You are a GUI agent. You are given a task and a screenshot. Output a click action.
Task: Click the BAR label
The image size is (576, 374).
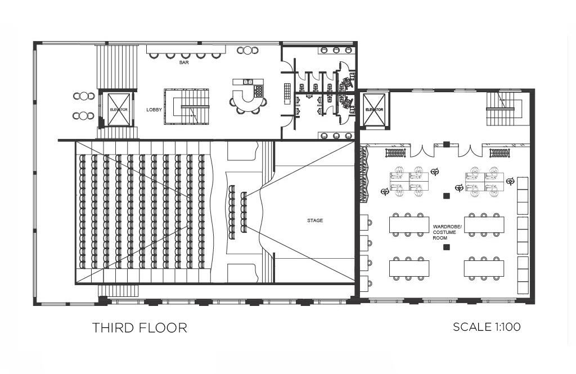click(184, 63)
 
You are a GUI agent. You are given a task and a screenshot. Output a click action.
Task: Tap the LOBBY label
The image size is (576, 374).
click(154, 110)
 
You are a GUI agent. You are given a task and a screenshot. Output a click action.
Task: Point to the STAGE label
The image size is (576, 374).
click(315, 220)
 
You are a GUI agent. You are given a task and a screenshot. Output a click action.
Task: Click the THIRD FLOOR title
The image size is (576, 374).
click(139, 328)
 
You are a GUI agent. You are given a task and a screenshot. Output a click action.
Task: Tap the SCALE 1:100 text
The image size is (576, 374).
click(487, 327)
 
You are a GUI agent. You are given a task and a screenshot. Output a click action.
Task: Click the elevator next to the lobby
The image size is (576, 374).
click(119, 110)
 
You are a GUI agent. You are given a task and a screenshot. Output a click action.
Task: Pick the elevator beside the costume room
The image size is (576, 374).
click(374, 110)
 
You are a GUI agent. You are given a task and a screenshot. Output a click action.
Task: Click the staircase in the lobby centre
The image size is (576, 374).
click(187, 106)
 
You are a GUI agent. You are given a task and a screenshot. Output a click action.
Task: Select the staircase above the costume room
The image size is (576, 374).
click(505, 109)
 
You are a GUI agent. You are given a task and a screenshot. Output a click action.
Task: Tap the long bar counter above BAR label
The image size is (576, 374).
click(186, 49)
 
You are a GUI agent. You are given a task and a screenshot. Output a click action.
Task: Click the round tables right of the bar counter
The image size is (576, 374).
click(247, 50)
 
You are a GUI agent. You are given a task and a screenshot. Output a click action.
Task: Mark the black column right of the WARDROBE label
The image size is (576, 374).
click(446, 196)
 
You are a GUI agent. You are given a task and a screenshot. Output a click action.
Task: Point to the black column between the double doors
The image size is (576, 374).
click(446, 144)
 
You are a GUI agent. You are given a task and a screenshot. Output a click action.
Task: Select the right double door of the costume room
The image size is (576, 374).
click(470, 151)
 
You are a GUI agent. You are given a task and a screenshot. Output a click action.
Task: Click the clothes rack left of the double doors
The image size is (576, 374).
click(395, 152)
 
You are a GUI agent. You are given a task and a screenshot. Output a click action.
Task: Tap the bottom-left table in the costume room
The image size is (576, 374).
click(409, 268)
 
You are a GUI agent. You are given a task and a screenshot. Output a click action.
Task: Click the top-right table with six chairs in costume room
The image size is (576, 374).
click(484, 224)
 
